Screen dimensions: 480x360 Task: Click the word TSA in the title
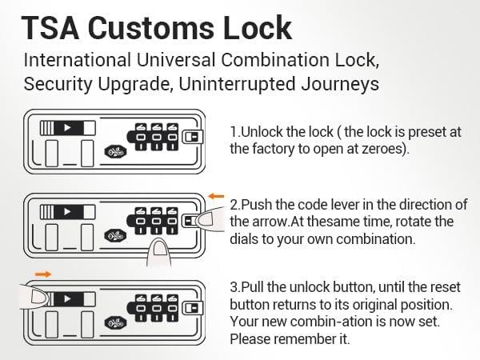[50, 28]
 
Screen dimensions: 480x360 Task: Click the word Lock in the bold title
[257, 28]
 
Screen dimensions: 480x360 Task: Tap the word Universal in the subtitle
[176, 59]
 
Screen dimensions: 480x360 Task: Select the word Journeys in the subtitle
[340, 84]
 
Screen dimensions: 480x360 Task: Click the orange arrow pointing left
[216, 196]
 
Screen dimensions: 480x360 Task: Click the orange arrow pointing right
[43, 274]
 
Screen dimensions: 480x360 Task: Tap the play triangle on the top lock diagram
[68, 128]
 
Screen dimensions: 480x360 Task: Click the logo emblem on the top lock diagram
[115, 151]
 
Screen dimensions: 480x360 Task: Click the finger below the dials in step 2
[159, 252]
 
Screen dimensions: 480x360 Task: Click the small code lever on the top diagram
[192, 137]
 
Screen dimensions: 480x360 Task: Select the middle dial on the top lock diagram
[157, 137]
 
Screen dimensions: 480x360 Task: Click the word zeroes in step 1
[383, 149]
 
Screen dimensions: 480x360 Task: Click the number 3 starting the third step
[234, 287]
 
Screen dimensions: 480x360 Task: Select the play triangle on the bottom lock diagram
[68, 298]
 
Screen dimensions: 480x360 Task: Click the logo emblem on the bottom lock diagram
[115, 323]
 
